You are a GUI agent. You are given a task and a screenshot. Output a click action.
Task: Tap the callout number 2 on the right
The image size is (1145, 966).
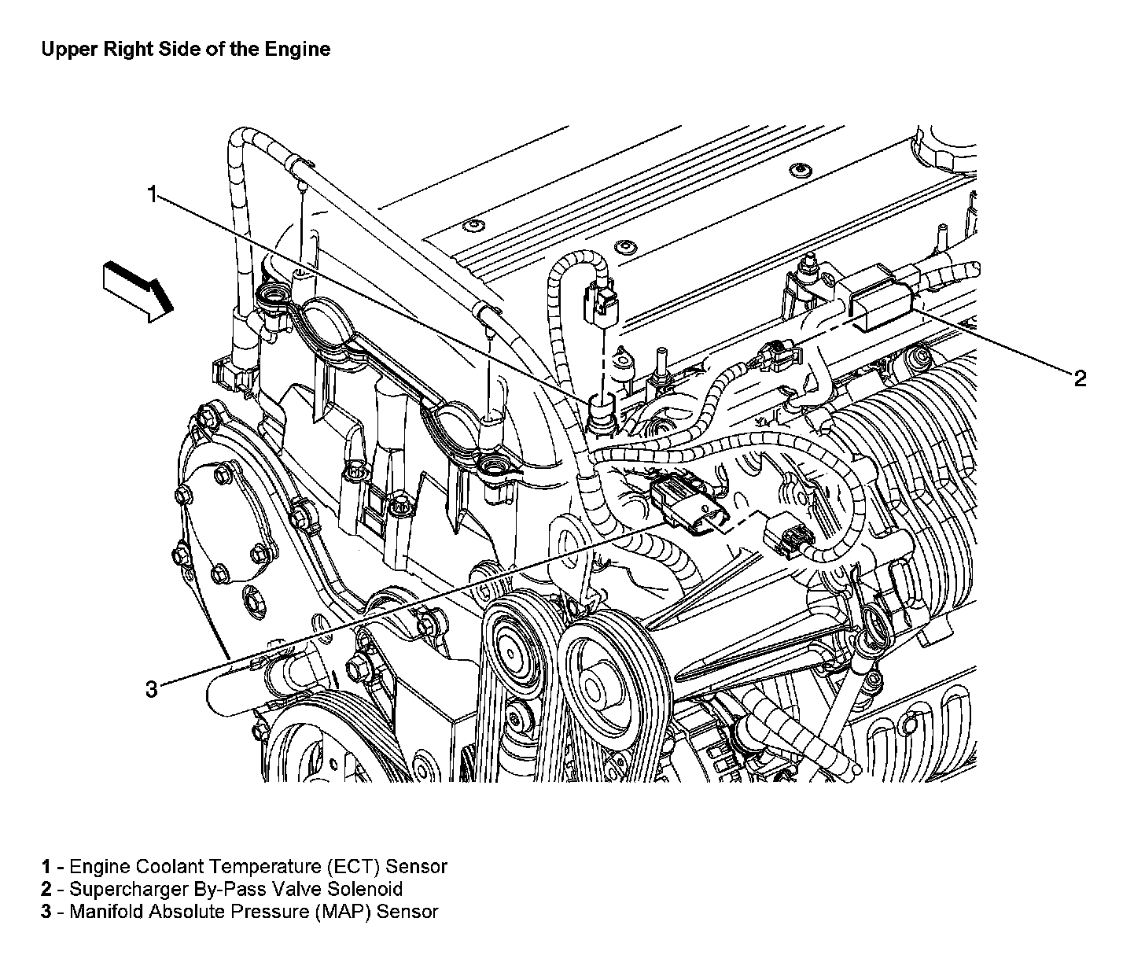click(x=1080, y=378)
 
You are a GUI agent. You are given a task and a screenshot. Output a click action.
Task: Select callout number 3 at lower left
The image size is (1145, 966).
click(x=151, y=689)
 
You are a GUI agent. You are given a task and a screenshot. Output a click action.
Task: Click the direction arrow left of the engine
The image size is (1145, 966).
click(x=138, y=291)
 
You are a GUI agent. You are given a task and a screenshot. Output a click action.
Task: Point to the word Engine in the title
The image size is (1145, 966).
click(x=298, y=50)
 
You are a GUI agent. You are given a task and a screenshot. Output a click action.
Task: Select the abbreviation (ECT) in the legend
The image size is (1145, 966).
click(x=354, y=866)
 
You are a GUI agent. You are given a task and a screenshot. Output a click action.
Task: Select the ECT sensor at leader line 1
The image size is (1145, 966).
click(x=601, y=411)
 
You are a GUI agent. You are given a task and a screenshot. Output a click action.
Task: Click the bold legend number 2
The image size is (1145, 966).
click(x=46, y=889)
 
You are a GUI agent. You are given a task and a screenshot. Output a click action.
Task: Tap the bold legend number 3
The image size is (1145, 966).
click(x=46, y=911)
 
